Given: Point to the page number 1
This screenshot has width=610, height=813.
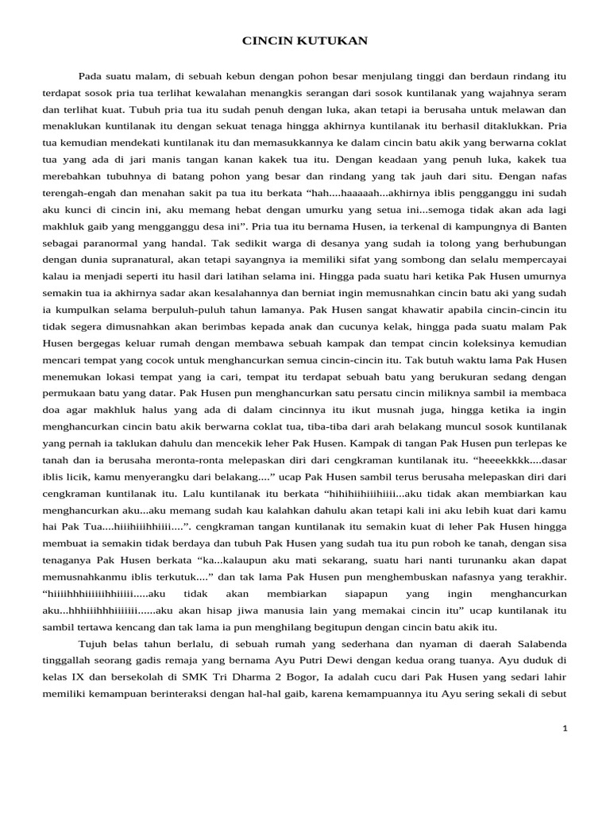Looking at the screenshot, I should (x=565, y=729).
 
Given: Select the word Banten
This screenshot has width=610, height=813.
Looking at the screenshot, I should (x=549, y=248).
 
